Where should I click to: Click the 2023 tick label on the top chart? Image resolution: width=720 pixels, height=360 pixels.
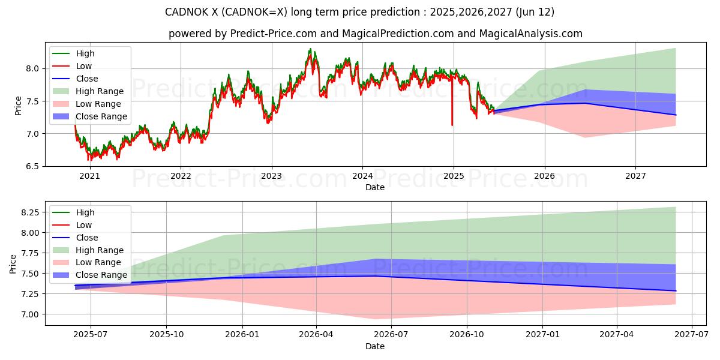(x=271, y=176)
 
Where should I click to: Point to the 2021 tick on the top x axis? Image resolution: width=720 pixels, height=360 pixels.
(x=89, y=176)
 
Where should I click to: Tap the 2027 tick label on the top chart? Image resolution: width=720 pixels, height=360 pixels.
(x=635, y=176)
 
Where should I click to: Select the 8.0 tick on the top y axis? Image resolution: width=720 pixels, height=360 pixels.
(x=31, y=68)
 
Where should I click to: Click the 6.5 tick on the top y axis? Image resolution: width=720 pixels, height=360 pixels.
(x=31, y=166)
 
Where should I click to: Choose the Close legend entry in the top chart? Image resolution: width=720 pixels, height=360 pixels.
(x=87, y=79)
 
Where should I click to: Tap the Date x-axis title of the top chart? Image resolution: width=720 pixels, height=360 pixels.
(x=375, y=187)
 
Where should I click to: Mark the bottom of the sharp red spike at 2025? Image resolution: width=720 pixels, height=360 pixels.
(x=452, y=125)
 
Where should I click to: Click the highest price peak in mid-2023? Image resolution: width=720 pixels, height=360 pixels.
(x=310, y=50)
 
